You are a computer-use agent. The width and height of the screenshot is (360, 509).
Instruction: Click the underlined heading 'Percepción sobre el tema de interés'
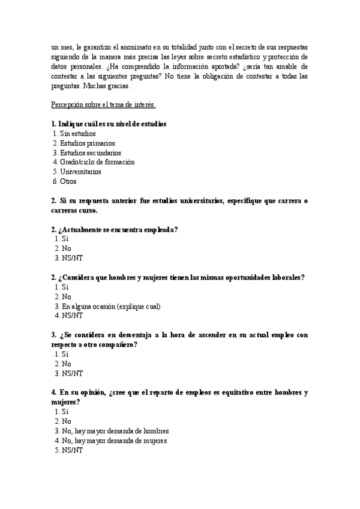click(103, 105)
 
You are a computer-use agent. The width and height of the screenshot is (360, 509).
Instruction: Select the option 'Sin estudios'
click(77, 133)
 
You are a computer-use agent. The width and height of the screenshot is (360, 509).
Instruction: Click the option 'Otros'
click(68, 181)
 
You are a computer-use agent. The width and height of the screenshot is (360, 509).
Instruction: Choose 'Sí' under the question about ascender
click(65, 354)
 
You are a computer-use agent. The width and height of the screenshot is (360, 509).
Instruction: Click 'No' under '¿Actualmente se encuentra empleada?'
click(66, 248)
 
